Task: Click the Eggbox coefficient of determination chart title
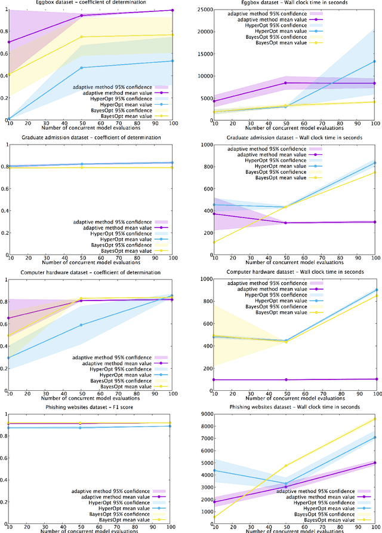click(89, 3)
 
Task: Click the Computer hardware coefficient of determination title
click(89, 272)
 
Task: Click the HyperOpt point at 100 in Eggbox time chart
click(374, 61)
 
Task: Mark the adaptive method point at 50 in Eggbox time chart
click(285, 83)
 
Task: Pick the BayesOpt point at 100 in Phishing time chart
click(374, 419)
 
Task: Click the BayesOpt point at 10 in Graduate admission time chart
click(215, 242)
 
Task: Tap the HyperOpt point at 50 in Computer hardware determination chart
click(81, 325)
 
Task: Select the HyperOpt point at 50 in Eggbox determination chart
click(81, 68)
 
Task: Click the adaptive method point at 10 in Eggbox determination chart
click(8, 42)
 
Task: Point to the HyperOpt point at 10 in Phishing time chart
click(215, 470)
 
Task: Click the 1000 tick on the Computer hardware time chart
click(204, 279)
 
